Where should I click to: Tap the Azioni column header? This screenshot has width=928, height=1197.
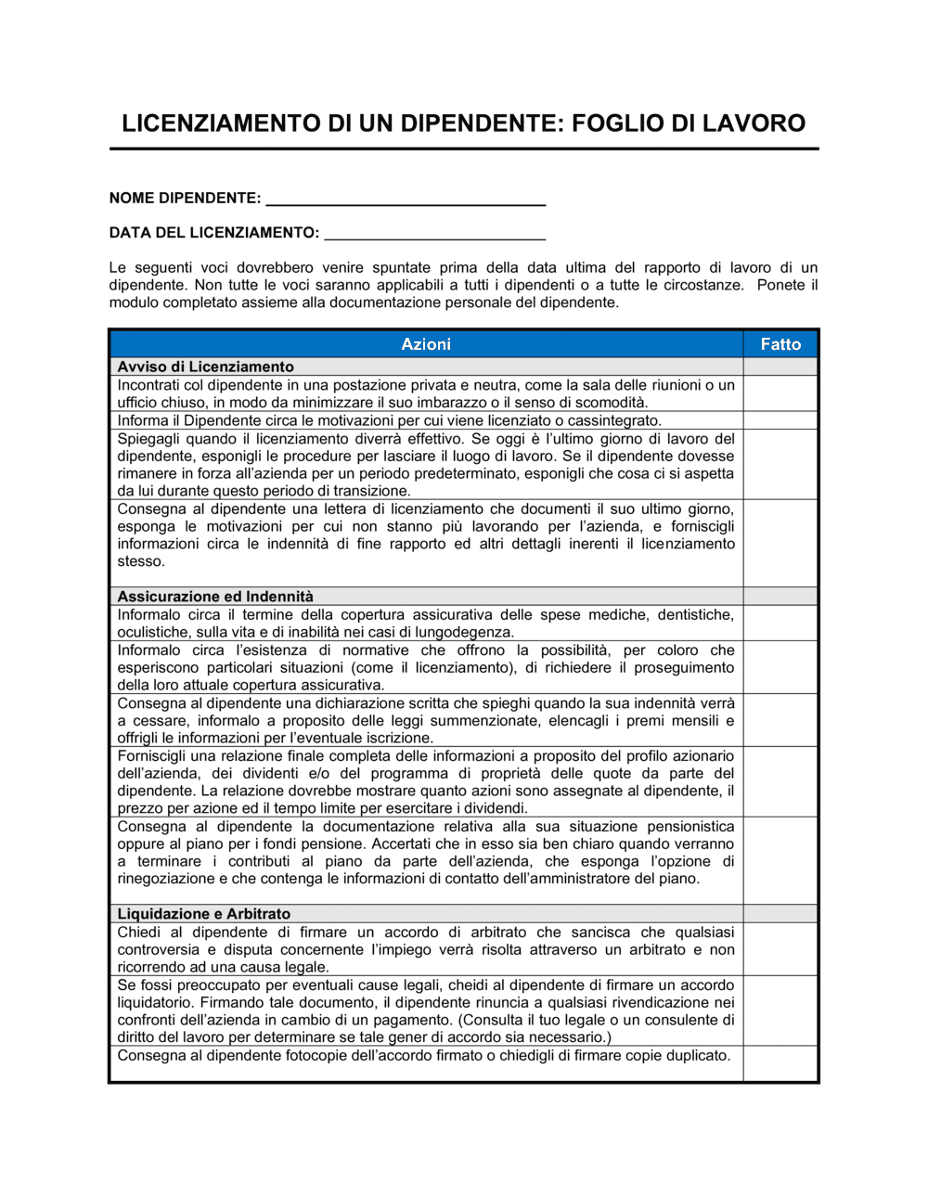[x=426, y=344]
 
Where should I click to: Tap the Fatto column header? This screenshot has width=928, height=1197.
[x=780, y=344]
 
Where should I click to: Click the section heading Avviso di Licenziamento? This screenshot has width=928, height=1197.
[x=205, y=367]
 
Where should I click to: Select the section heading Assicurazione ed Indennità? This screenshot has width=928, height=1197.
[x=215, y=597]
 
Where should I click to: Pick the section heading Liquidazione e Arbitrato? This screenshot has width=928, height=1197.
[x=204, y=914]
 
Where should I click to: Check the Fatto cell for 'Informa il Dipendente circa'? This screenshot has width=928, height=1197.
[x=780, y=420]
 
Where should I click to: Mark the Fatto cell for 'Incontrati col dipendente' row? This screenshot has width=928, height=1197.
[x=780, y=393]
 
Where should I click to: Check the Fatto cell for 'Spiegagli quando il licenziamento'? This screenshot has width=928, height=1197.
[x=780, y=464]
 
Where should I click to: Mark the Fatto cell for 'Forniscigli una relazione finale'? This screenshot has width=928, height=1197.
[x=780, y=781]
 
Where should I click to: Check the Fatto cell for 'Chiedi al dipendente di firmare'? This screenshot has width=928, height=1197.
[x=780, y=948]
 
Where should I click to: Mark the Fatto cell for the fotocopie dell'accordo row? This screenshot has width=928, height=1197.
[x=780, y=1063]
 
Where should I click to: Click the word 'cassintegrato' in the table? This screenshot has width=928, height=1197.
[x=614, y=421]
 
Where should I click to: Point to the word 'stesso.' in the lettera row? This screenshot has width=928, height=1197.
[x=141, y=561]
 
